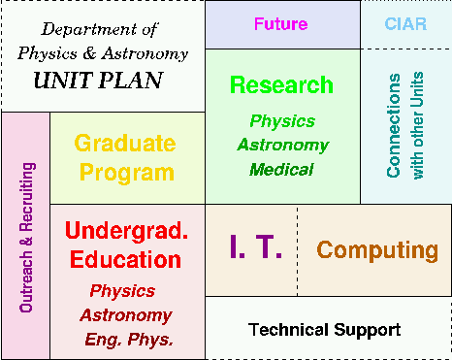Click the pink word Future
[280, 24]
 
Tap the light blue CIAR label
[405, 24]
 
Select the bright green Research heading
[281, 84]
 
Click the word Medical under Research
[281, 170]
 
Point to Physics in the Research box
[282, 121]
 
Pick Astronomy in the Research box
[283, 146]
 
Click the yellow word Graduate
[125, 143]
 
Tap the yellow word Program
[127, 173]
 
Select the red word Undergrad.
[126, 231]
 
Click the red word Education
[125, 259]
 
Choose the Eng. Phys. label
[129, 340]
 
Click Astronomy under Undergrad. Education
[126, 315]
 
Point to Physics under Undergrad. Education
[122, 291]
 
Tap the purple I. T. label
[255, 246]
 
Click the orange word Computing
[377, 250]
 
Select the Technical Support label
[325, 330]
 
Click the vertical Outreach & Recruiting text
[27, 237]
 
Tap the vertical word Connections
[394, 125]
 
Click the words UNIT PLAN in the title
[98, 81]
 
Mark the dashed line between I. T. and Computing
[298, 250]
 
